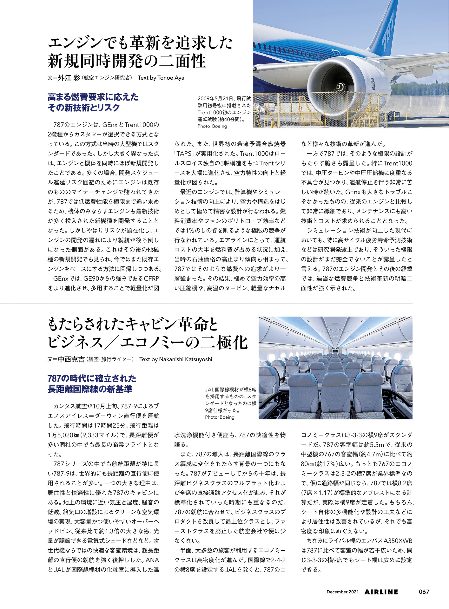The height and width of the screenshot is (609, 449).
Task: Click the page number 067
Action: click(424, 592)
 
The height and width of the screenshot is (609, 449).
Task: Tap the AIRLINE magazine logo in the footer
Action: click(381, 592)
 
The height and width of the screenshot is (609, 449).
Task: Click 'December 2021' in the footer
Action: click(342, 592)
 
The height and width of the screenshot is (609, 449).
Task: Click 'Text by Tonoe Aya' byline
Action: click(161, 78)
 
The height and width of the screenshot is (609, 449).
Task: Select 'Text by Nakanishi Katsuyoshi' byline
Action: click(175, 359)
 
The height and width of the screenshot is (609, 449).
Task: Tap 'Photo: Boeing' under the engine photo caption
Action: click(212, 126)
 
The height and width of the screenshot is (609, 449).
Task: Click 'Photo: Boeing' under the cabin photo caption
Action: click(220, 417)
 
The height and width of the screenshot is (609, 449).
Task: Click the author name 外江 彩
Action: click(69, 78)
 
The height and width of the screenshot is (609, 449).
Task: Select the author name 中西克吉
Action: click(71, 359)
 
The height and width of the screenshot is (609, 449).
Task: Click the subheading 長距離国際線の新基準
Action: click(90, 389)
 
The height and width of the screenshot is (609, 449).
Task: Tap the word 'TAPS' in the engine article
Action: click(184, 154)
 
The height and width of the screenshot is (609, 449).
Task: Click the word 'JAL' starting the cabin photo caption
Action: click(210, 390)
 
